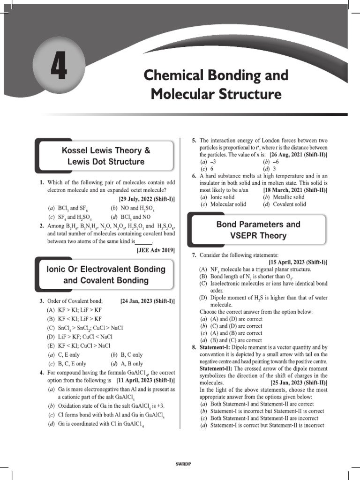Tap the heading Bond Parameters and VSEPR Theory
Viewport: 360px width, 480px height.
258,230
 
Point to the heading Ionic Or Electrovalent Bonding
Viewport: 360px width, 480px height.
106,269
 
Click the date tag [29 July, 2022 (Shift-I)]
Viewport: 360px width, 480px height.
146,199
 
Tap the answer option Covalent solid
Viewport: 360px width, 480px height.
284,204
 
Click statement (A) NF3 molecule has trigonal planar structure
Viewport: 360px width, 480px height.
255,270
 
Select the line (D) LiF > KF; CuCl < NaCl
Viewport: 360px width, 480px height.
79,337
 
